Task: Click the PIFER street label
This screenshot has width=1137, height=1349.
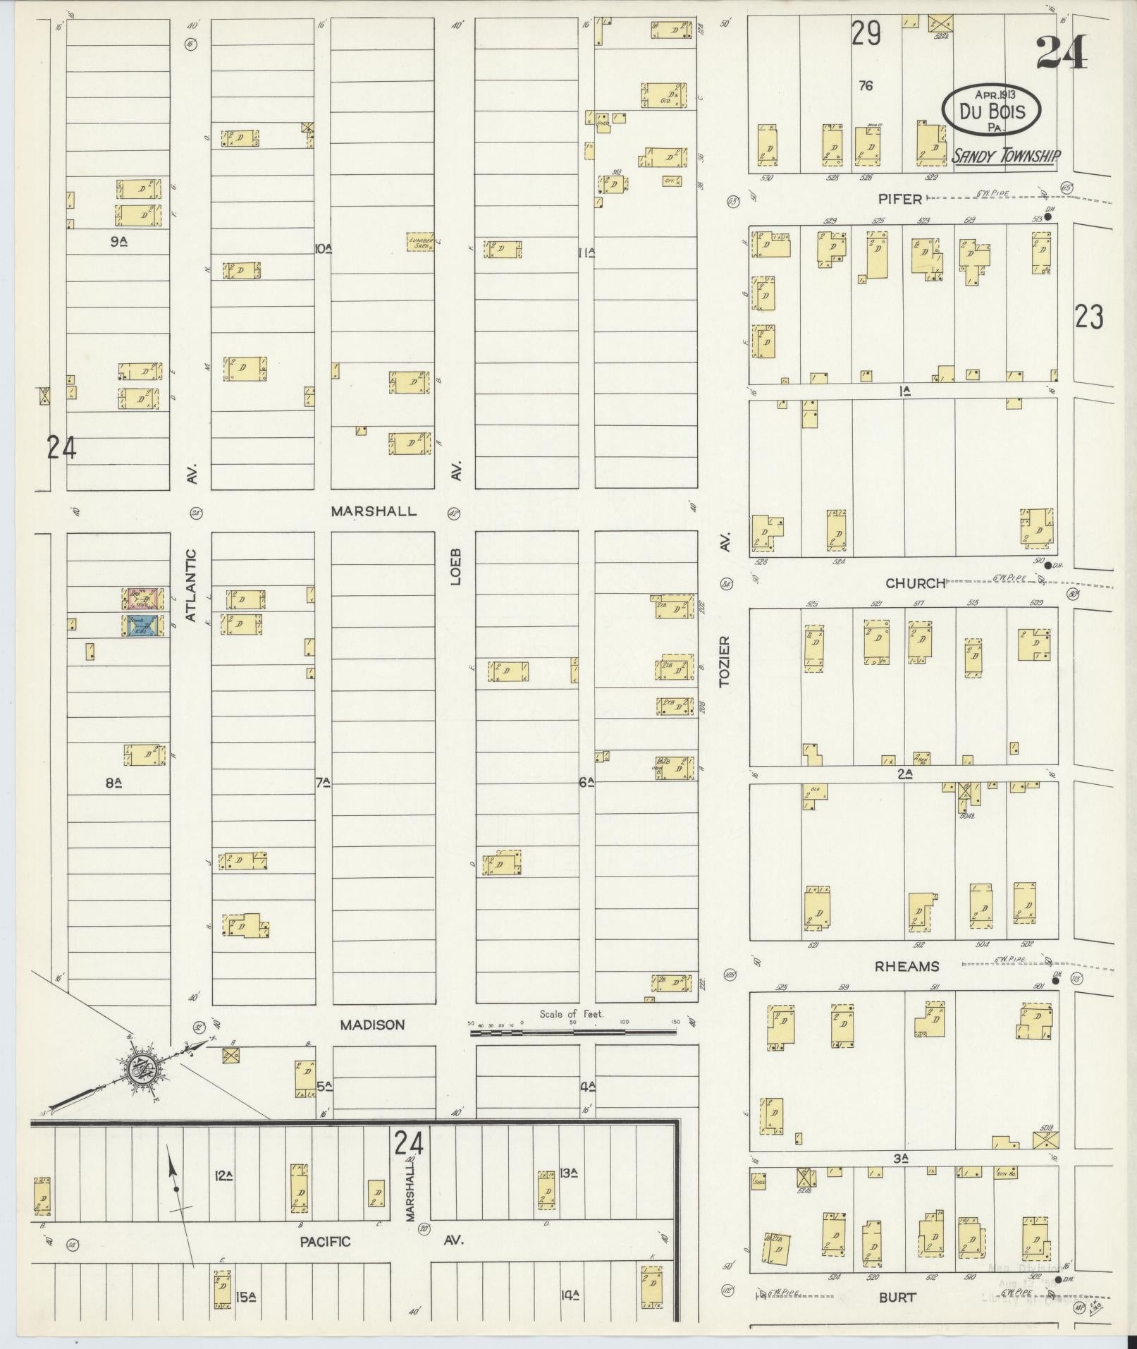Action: click(x=900, y=199)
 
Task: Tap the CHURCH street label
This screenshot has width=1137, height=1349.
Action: click(x=915, y=583)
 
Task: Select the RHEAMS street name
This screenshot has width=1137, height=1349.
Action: click(x=906, y=967)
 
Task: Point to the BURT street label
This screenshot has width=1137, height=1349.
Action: click(x=897, y=1297)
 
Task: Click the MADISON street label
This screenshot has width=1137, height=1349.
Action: click(x=372, y=1025)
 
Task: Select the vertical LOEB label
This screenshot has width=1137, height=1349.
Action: click(x=455, y=566)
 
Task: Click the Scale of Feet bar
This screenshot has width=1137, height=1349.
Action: click(x=572, y=1032)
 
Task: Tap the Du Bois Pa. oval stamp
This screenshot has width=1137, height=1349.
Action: click(x=992, y=110)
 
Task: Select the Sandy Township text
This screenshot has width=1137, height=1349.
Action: click(x=1005, y=157)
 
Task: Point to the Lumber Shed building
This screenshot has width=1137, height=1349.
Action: click(x=421, y=242)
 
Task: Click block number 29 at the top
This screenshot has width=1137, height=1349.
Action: click(x=866, y=34)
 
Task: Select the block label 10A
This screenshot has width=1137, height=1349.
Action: click(x=323, y=248)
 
